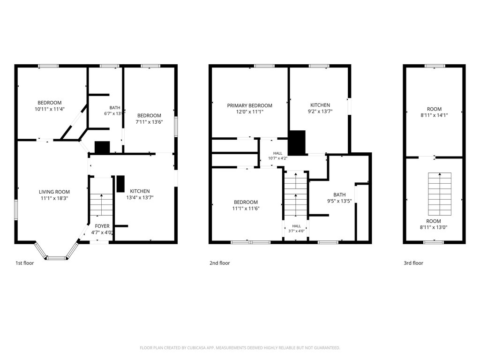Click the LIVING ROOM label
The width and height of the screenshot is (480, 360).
click(x=54, y=192)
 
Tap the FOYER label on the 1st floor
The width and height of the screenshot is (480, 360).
click(x=102, y=226)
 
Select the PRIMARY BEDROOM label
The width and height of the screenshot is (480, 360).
click(x=249, y=105)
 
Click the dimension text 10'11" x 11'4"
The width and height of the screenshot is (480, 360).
click(x=50, y=109)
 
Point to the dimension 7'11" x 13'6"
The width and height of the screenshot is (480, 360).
click(x=149, y=122)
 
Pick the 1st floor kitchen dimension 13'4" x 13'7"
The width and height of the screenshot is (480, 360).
click(x=140, y=197)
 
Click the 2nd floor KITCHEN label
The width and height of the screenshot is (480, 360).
click(x=320, y=105)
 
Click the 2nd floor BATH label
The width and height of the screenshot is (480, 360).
click(x=339, y=195)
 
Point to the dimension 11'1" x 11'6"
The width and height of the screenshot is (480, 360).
click(x=246, y=209)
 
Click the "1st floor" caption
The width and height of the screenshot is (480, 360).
click(x=25, y=263)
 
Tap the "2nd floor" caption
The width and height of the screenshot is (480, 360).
click(x=219, y=263)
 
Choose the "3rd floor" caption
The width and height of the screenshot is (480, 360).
click(x=413, y=263)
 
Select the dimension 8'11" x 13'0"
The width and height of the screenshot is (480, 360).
click(x=434, y=227)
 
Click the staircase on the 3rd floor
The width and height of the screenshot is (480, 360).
click(x=440, y=194)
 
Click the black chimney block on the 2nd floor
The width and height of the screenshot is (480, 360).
click(x=297, y=142)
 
